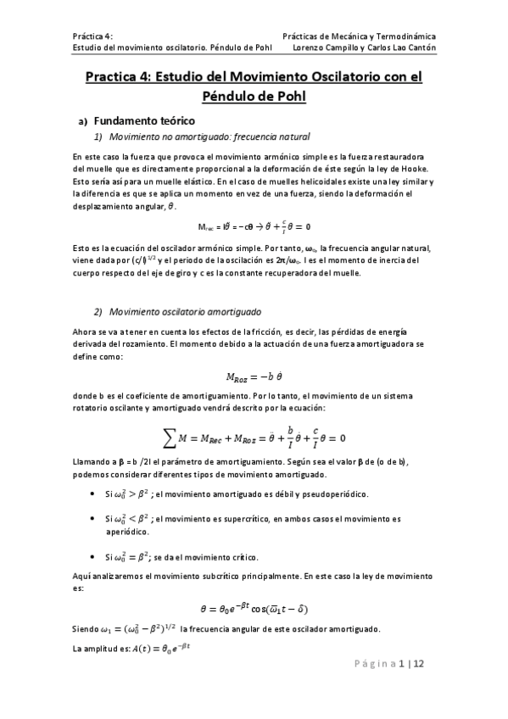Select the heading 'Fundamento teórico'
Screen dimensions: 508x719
[x=143, y=121]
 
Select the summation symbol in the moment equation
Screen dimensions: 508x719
[x=169, y=438]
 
